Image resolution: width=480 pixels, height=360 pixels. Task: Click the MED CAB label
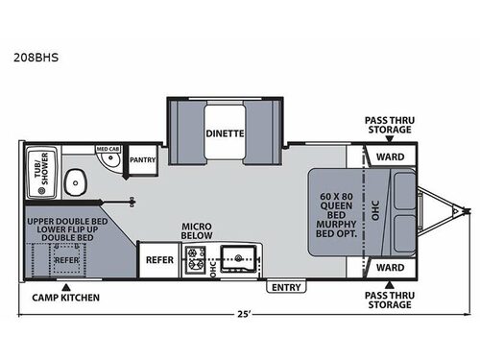(107, 150)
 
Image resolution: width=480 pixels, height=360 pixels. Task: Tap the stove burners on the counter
(196, 258)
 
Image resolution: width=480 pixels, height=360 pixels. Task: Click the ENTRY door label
(285, 286)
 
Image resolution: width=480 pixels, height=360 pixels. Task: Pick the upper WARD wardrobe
(389, 156)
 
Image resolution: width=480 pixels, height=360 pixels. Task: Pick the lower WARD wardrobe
(389, 266)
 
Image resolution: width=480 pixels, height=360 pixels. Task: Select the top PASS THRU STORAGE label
(388, 125)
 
